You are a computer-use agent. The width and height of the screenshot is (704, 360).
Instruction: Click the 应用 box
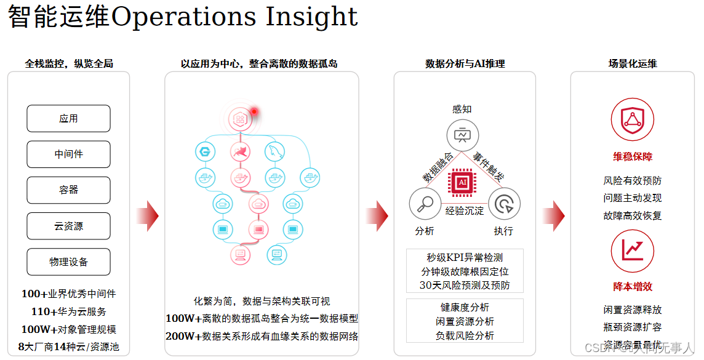pos(68,119)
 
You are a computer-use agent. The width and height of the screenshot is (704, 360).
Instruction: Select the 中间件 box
pos(68,154)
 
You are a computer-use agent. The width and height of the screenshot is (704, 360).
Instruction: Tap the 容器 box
pos(68,190)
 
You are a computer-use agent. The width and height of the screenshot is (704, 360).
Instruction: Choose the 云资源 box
pos(68,226)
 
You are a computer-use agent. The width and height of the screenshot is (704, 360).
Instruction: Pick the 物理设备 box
pos(68,262)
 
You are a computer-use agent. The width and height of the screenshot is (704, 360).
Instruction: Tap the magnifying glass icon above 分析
pos(425,204)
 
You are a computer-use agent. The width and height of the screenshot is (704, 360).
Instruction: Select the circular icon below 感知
pos(462,135)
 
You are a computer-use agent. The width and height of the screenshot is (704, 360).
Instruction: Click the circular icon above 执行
pos(504,204)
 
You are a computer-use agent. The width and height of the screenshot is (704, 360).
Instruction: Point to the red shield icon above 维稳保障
pos(632,119)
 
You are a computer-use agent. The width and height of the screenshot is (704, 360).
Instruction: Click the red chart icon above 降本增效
pos(632,250)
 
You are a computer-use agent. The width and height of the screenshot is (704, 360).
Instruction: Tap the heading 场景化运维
pos(632,63)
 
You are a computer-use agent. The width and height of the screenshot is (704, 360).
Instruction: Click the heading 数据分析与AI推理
pos(465,63)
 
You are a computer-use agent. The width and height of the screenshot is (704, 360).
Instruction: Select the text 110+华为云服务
pos(68,311)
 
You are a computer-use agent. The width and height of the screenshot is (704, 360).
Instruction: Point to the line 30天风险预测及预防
pos(465,286)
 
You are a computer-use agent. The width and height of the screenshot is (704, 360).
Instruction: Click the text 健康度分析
pos(465,307)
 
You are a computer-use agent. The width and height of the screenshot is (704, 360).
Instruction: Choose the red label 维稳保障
pos(632,157)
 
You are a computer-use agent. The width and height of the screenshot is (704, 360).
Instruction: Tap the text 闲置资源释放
pos(632,310)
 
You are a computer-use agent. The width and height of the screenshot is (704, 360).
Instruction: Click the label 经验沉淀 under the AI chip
pos(465,211)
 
